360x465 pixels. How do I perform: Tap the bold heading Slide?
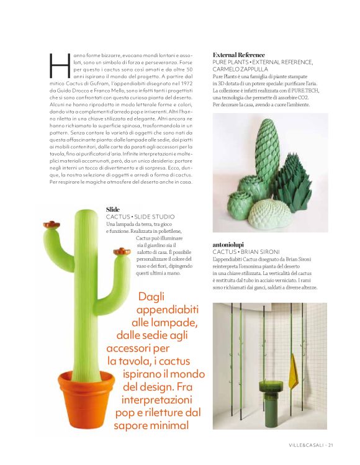point(112,210)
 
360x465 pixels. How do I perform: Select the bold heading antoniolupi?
point(232,245)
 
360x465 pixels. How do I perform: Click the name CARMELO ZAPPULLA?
point(240,70)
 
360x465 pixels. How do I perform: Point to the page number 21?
point(331,445)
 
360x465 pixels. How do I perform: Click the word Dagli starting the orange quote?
point(151,296)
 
